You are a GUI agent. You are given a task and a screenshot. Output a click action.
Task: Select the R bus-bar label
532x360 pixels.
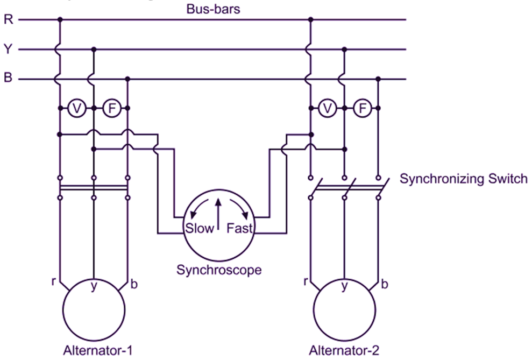(x=8, y=20)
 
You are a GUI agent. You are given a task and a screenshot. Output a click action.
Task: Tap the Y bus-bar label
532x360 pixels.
(x=8, y=50)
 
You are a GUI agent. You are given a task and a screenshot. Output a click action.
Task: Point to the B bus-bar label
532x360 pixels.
(x=8, y=79)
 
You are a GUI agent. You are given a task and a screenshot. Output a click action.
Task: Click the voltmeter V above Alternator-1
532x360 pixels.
(x=76, y=109)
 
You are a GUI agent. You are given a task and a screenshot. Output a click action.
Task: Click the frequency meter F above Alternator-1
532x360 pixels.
(x=111, y=109)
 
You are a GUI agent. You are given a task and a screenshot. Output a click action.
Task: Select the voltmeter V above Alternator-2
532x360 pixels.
(x=327, y=109)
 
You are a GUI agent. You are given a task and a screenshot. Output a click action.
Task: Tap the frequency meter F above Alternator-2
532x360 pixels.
(x=362, y=109)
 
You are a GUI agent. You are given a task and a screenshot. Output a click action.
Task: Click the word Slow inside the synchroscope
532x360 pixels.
(x=200, y=228)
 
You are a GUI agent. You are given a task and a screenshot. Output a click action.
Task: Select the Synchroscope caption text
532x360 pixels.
(x=219, y=269)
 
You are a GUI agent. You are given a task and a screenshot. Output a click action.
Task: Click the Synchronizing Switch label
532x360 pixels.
(x=463, y=179)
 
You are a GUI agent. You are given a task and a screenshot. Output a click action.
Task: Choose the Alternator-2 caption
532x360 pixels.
(x=344, y=350)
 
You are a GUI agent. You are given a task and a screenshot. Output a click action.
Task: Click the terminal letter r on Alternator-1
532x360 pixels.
(x=54, y=280)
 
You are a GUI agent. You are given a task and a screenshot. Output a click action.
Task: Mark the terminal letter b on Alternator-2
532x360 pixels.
(x=385, y=284)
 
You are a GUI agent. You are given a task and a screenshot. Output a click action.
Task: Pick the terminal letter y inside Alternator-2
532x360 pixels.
(x=344, y=287)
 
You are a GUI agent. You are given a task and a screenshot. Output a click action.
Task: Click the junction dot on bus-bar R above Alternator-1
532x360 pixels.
(x=59, y=20)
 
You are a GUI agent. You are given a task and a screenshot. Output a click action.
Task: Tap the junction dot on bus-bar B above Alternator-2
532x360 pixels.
(x=378, y=79)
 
